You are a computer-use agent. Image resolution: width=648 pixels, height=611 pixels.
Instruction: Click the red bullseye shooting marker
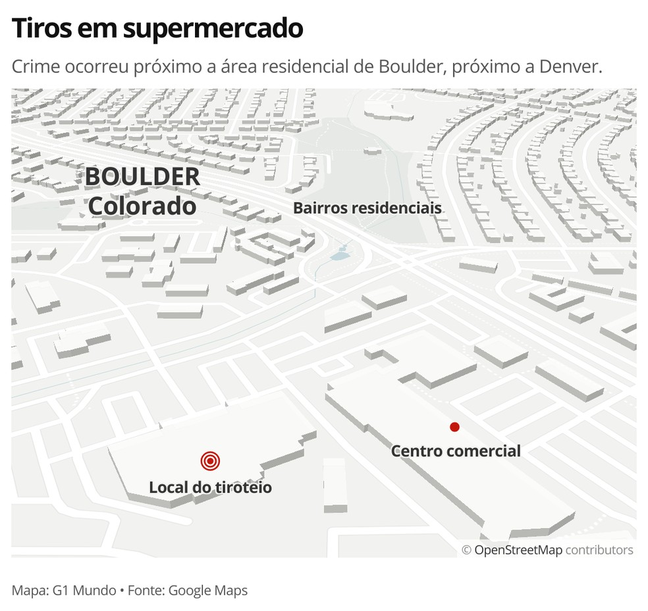click(x=210, y=461)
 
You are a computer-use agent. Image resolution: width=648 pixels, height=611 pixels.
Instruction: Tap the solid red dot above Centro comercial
click(x=454, y=427)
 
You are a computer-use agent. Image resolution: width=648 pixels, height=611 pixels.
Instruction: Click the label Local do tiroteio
click(x=210, y=487)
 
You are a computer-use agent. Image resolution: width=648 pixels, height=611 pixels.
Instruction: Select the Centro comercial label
click(x=456, y=451)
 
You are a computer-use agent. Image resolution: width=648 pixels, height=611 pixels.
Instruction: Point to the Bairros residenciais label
click(x=367, y=208)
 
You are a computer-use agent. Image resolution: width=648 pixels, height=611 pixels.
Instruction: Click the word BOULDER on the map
click(x=142, y=176)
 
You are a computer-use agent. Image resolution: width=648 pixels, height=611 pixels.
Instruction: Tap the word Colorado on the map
click(x=142, y=206)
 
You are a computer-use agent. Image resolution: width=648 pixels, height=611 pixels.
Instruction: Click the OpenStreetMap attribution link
click(x=518, y=550)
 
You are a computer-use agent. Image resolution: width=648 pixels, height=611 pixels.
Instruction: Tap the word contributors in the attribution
click(x=599, y=550)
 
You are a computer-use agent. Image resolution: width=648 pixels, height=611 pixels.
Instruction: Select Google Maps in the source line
click(x=208, y=591)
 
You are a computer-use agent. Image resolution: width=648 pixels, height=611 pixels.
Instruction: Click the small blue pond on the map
click(x=339, y=253)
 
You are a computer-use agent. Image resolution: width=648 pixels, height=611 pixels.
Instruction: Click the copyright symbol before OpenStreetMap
click(x=466, y=550)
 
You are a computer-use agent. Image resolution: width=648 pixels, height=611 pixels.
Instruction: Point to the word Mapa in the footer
click(x=28, y=591)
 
